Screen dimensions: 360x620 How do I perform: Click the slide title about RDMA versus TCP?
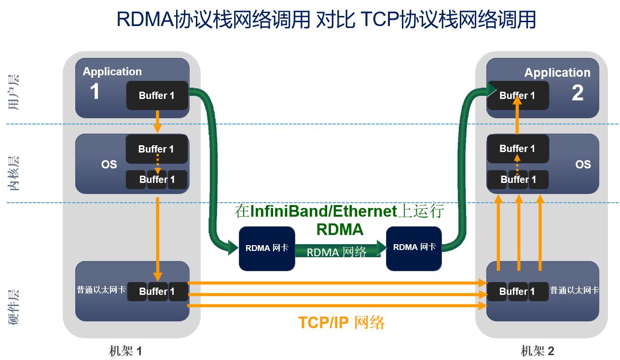tap(326, 20)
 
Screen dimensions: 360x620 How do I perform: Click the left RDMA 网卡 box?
tap(267, 248)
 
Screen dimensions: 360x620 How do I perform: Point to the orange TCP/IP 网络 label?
tap(341, 322)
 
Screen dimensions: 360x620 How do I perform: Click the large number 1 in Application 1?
tap(95, 92)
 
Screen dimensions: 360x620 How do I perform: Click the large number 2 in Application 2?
tap(578, 93)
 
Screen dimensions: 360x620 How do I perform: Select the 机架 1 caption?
tap(125, 351)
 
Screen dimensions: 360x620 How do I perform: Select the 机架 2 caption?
tap(537, 351)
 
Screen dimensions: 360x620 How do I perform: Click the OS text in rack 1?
tap(109, 165)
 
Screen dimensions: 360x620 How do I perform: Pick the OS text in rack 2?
tap(583, 165)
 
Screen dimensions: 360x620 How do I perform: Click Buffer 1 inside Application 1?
tap(157, 96)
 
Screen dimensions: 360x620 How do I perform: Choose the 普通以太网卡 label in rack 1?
tap(101, 290)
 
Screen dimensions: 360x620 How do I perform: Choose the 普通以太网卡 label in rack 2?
tap(575, 291)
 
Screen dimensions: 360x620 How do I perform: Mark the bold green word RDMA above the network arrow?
tap(340, 229)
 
